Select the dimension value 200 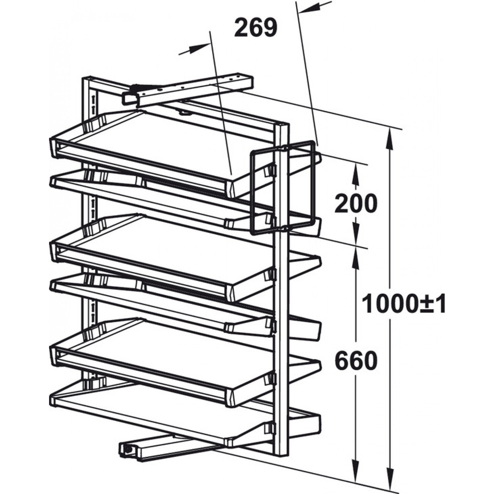[x=355, y=203]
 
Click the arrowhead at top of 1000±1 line [x=390, y=138]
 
